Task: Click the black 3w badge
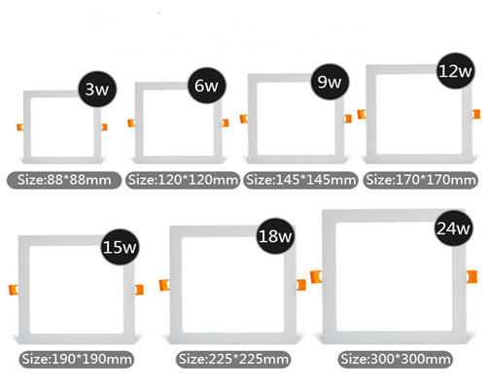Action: coord(97,88)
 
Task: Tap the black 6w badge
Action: coord(207,86)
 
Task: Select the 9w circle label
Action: coord(330,82)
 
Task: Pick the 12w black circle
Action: coord(456,71)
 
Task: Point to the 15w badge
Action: coord(121,247)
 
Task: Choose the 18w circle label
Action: coord(275,235)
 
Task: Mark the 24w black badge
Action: coord(454,229)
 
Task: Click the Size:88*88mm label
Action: coord(64,180)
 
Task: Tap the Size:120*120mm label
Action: coord(183,180)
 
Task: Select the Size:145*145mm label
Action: coord(300,180)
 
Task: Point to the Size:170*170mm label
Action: coord(421,180)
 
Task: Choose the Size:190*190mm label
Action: coord(77,359)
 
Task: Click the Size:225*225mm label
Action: coord(233,359)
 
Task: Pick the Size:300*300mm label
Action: coord(396,359)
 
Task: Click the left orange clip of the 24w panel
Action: coord(316,277)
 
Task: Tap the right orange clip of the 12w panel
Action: coord(476,114)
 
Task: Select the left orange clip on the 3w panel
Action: coord(20,127)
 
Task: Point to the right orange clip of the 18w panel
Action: coord(301,285)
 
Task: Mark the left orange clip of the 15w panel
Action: coord(14,290)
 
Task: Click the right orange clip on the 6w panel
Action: coord(226,123)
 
